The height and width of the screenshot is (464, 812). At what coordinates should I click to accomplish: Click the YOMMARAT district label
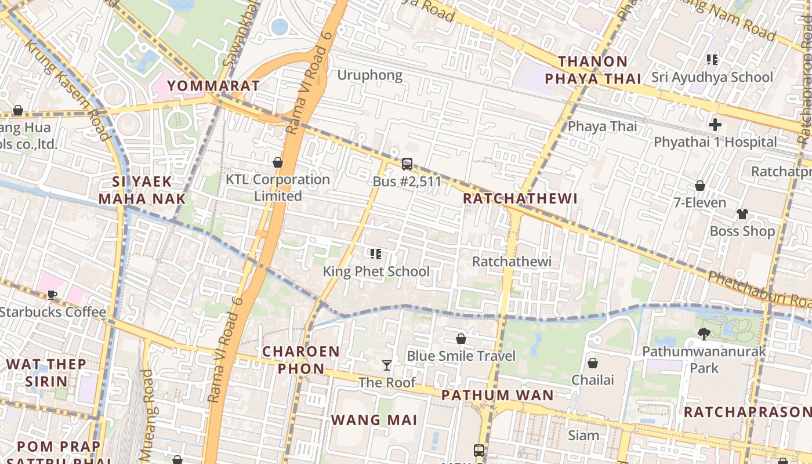[x=213, y=86]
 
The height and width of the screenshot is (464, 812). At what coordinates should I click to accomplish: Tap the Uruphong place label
[x=369, y=75]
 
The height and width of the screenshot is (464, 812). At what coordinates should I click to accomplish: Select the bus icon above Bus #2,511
[x=407, y=164]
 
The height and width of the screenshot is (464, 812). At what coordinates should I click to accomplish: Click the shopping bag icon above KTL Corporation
[x=278, y=162]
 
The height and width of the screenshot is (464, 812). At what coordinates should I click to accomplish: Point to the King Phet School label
[x=376, y=271]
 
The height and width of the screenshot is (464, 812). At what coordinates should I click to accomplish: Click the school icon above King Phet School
[x=375, y=253]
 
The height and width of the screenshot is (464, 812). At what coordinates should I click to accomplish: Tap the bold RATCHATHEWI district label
[x=520, y=198]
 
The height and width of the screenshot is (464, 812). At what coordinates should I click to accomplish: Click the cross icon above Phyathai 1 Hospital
[x=715, y=124]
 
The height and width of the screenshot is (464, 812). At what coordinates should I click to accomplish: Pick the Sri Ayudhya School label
[x=712, y=77]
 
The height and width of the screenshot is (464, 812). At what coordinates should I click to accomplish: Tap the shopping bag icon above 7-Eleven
[x=700, y=186]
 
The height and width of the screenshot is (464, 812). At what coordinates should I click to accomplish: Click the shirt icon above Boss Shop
[x=742, y=214]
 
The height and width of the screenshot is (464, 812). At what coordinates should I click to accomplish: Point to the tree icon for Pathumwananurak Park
[x=704, y=333]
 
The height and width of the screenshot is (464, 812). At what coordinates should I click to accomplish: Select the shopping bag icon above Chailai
[x=592, y=363]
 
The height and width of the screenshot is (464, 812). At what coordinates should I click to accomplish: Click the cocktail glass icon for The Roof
[x=387, y=365]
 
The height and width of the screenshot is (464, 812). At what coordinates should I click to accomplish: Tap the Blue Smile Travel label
[x=461, y=356]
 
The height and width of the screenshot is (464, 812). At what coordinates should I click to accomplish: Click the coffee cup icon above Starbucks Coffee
[x=52, y=295]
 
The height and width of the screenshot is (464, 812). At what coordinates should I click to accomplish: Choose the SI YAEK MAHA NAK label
[x=142, y=190]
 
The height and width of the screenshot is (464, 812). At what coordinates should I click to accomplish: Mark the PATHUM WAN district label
[x=497, y=396]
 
